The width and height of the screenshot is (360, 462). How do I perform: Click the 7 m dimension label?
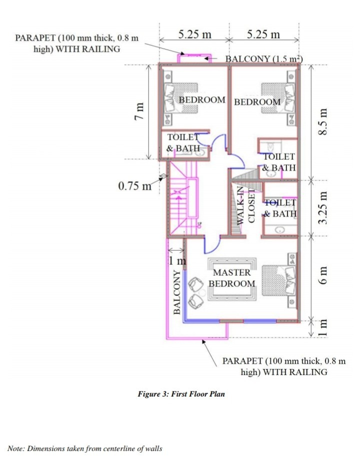pos(139,111)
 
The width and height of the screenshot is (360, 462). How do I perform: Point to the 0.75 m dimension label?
pos(134,186)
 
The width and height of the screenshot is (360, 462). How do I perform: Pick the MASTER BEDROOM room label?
pos(232,278)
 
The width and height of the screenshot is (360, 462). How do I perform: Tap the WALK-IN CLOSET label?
pos(245,205)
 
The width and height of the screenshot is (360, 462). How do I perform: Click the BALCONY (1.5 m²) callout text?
pos(264,58)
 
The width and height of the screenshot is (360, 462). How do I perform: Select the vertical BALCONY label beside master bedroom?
pos(176,292)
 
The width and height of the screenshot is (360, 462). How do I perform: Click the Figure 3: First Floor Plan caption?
pos(181,394)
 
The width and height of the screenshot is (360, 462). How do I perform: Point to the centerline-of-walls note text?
pos(84,449)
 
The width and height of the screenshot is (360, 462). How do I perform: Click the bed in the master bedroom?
pos(279,280)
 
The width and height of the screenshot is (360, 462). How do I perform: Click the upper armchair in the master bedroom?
pos(195,284)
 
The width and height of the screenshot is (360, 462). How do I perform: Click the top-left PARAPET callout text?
pos(76,43)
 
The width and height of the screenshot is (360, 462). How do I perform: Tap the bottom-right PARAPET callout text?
pos(284,366)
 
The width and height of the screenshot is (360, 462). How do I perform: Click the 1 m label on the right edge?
pos(323,328)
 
